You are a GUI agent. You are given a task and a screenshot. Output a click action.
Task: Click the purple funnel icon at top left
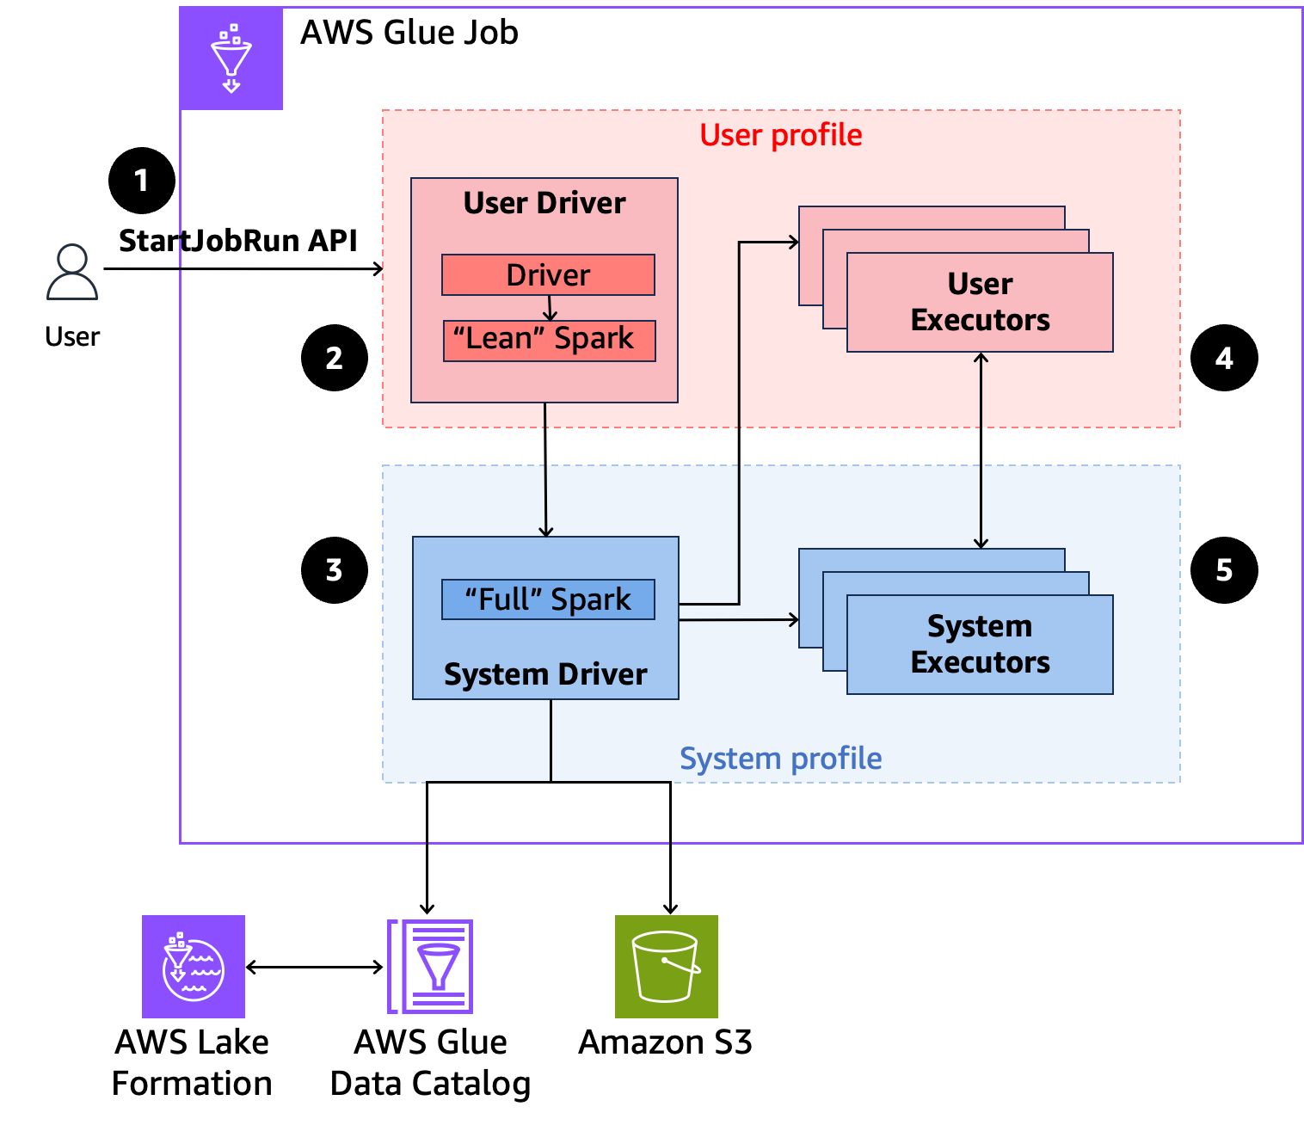231,58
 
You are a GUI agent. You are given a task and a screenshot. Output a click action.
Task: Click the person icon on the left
72,273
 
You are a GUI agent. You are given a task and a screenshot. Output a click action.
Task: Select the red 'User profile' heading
780,135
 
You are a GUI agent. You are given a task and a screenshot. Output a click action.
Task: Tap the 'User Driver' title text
544,203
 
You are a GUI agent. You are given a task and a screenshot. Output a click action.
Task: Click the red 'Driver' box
548,275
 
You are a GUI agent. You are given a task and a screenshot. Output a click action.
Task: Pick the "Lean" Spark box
549,340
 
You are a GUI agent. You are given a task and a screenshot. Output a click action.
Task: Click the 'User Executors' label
980,302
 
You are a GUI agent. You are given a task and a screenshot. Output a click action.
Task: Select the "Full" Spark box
548,599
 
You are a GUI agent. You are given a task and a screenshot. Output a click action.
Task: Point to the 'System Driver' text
545,674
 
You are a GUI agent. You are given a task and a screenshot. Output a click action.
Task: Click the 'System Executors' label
980,644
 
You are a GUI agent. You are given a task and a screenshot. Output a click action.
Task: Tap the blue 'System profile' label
780,759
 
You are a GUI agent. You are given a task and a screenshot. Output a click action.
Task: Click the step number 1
141,181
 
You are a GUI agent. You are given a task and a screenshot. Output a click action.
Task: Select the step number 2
334,359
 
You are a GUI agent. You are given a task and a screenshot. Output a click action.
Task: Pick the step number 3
334,570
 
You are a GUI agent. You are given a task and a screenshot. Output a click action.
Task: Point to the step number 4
1223,359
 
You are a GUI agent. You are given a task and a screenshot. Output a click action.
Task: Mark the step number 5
1223,570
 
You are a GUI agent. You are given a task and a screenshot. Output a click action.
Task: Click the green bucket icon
666,967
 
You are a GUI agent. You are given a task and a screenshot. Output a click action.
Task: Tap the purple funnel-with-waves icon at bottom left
194,967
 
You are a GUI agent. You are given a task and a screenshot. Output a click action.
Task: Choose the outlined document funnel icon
431,967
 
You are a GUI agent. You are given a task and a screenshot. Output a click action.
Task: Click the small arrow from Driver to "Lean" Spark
551,309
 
